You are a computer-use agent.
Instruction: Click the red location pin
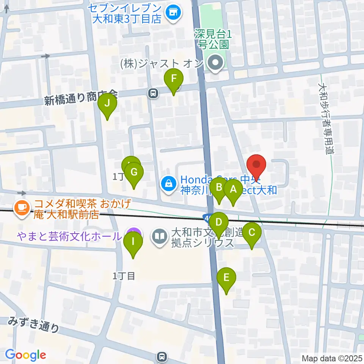[256, 166]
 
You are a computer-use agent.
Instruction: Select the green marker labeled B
[219, 187]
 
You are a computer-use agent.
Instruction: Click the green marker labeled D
[219, 222]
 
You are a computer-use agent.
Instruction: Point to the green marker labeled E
[226, 278]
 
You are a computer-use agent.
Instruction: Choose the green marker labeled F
[174, 79]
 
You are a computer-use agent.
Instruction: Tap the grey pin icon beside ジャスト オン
[216, 63]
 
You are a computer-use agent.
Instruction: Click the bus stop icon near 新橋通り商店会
[153, 93]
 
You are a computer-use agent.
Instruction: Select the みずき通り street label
[34, 325]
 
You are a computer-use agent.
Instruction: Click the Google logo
[25, 355]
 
